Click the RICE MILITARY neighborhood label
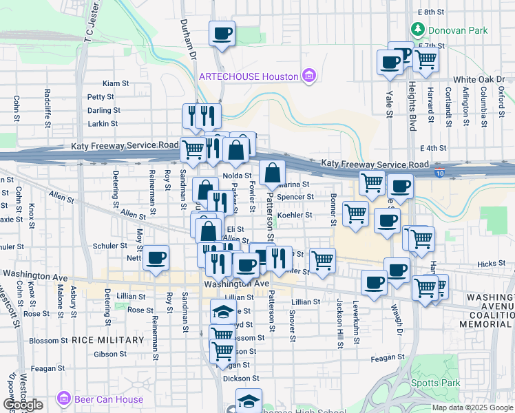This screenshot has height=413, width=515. pyautogui.click(x=108, y=340)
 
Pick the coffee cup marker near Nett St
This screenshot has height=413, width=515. pyautogui.click(x=156, y=257)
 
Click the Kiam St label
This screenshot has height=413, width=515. pyautogui.click(x=116, y=83)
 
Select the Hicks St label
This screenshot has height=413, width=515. pyautogui.click(x=491, y=264)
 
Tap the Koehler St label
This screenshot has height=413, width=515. pyautogui.click(x=295, y=215)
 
